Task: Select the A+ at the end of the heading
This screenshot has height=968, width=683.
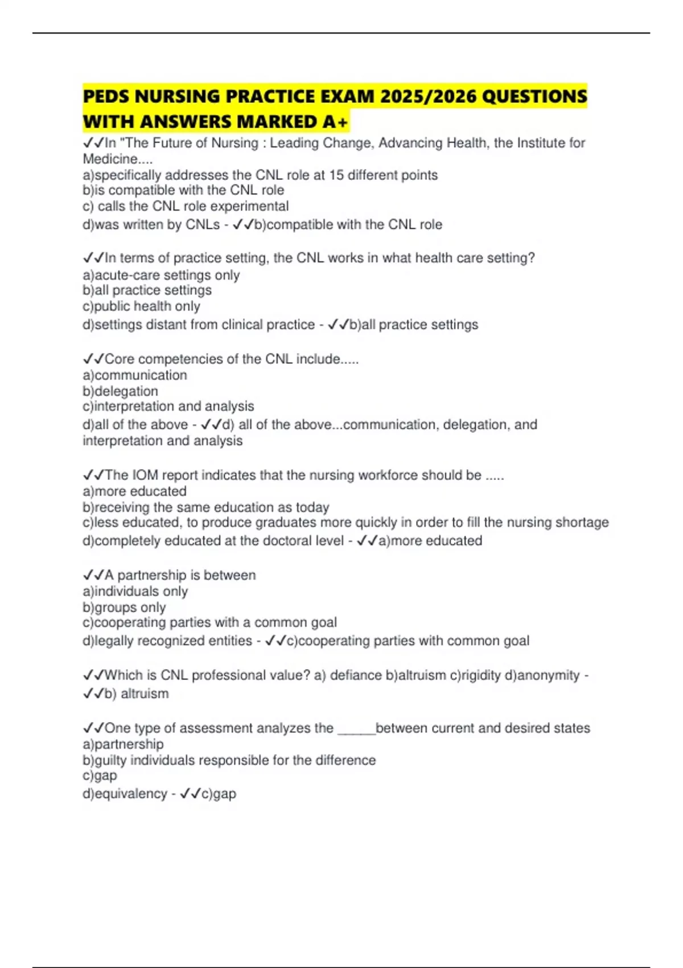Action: pyautogui.click(x=335, y=122)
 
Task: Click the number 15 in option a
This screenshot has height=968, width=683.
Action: pyautogui.click(x=336, y=175)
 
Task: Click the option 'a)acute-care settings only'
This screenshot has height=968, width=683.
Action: pyautogui.click(x=161, y=275)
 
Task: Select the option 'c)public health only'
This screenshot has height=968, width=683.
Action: pyautogui.click(x=141, y=306)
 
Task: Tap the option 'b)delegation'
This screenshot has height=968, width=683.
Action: pyautogui.click(x=120, y=391)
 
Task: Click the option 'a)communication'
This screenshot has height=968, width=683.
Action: pyautogui.click(x=135, y=375)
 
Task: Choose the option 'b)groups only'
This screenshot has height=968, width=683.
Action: pyautogui.click(x=124, y=608)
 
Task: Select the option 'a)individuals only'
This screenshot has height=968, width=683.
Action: pyautogui.click(x=135, y=592)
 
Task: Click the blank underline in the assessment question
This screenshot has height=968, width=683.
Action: pyautogui.click(x=357, y=729)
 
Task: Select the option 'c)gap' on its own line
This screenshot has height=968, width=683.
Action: pyautogui.click(x=100, y=776)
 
